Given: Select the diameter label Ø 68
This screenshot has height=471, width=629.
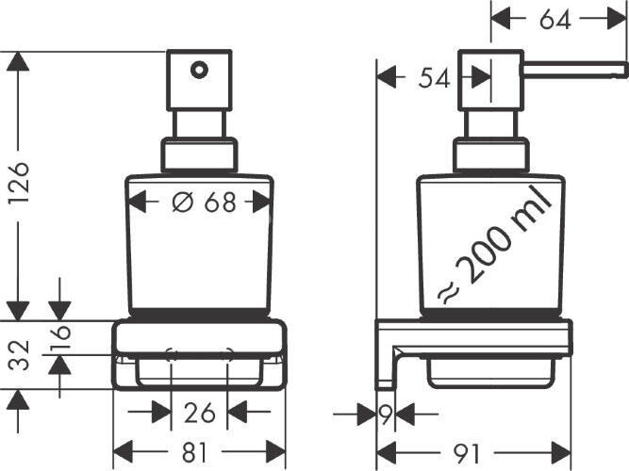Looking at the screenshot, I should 199,202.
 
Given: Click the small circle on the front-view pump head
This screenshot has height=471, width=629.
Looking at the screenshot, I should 198,69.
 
